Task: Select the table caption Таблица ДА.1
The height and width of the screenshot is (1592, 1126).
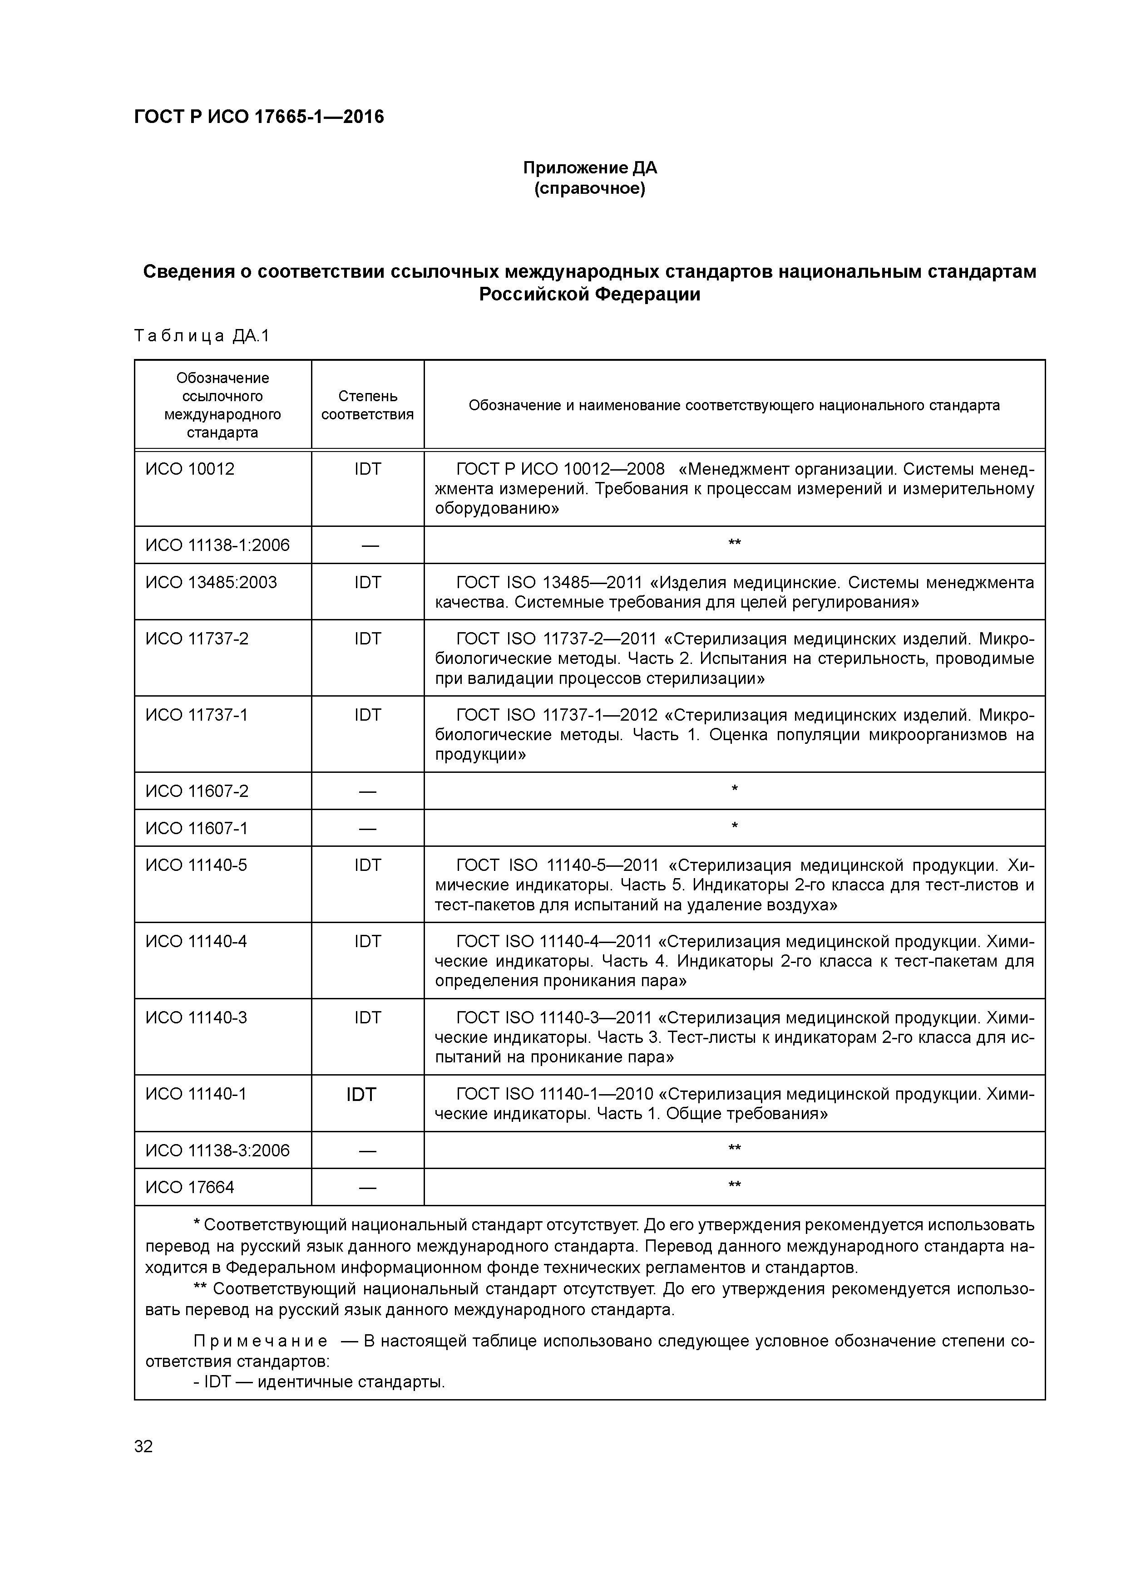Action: [x=201, y=336]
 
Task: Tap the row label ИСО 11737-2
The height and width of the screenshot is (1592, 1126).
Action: [x=196, y=639]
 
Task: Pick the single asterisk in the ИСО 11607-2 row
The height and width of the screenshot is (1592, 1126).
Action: [x=734, y=790]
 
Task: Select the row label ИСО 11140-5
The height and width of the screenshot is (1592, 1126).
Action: [x=196, y=865]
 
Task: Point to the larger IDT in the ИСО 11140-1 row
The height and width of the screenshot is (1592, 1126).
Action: [x=361, y=1095]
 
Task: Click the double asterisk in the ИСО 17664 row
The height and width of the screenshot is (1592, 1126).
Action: [x=734, y=1186]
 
